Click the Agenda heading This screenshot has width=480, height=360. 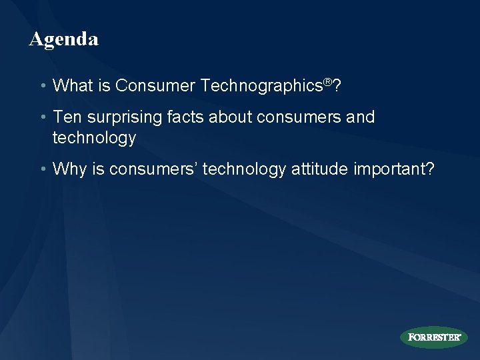coord(64,39)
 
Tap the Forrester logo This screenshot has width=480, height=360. coord(433,337)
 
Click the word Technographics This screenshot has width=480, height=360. coord(263,86)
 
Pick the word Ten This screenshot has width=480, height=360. coord(66,117)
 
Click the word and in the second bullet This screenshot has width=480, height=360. coord(361,117)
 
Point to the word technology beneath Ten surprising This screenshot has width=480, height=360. coord(95,138)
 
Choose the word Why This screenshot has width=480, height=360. coord(69,170)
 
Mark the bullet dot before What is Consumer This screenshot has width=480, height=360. coord(43,86)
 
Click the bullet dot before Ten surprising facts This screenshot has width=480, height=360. coord(43,118)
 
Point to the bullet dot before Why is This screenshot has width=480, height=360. coord(43,170)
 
